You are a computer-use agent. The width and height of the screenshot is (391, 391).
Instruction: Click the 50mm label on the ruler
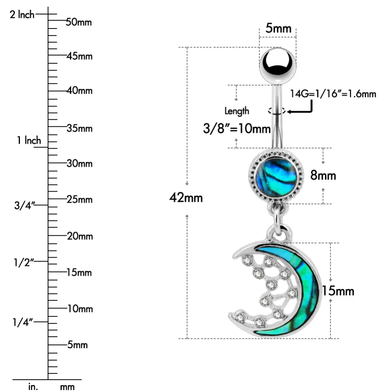click(x=79, y=22)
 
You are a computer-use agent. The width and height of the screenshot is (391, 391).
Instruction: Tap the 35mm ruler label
click(x=79, y=128)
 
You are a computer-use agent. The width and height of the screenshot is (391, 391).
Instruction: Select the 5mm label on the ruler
click(x=77, y=345)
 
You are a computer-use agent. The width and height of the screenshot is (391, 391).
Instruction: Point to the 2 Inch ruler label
click(x=22, y=15)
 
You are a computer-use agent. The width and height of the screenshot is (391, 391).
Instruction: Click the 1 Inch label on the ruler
click(x=29, y=140)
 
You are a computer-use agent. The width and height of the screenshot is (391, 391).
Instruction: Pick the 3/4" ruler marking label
click(x=24, y=206)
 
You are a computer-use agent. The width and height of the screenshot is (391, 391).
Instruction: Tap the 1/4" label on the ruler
click(x=23, y=322)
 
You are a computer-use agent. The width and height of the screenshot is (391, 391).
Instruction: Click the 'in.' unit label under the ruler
click(x=33, y=387)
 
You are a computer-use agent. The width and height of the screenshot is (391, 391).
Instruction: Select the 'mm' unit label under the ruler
click(x=67, y=387)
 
